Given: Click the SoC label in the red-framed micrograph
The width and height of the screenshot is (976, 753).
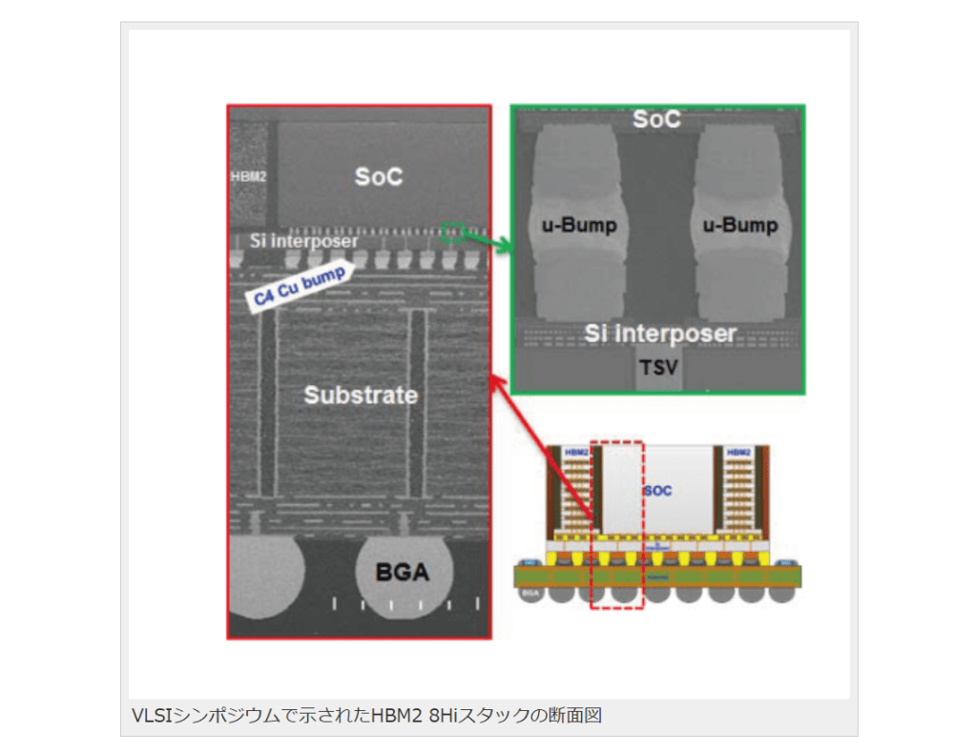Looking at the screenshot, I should (379, 177).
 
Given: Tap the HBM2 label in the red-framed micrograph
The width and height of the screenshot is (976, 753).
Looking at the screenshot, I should (248, 177).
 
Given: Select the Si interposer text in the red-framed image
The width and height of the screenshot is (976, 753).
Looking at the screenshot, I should (303, 241).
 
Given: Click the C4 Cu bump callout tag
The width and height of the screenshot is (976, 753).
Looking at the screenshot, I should (299, 285).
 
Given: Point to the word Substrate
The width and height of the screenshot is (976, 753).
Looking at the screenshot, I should (361, 395).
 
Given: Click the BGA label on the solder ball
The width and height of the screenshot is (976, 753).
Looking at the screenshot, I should (402, 574).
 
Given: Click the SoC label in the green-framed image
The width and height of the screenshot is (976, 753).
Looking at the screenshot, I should (657, 120).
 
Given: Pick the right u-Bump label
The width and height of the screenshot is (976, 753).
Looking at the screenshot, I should (740, 226).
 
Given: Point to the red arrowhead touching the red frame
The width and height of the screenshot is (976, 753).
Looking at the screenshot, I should (494, 381).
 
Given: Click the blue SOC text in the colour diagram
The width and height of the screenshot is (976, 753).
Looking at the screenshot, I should (658, 491).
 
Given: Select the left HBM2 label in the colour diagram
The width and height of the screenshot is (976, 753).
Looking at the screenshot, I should (576, 452).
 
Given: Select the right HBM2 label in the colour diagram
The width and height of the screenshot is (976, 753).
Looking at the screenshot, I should (738, 452).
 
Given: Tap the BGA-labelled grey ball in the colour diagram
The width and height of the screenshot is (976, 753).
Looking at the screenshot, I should (530, 594).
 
